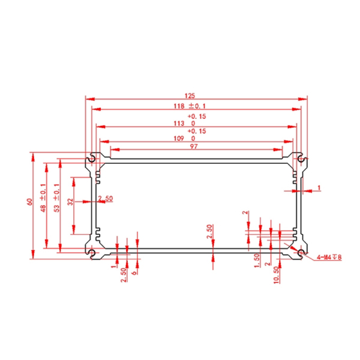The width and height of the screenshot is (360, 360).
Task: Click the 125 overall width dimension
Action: coord(190,95)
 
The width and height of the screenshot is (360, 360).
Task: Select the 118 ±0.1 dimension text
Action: coord(190,106)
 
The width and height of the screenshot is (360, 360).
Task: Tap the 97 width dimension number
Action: coord(194,146)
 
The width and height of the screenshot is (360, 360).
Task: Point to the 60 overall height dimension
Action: coord(30,202)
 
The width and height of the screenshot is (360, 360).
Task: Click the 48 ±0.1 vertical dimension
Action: coord(43,198)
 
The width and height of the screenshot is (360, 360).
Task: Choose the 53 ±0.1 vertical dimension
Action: coord(56,198)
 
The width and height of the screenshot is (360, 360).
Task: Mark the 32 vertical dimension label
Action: coord(70,202)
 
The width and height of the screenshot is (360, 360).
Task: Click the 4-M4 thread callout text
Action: coord(329,257)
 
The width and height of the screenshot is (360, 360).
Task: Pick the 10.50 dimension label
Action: coord(277,275)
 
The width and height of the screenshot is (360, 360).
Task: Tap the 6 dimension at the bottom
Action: coord(134,272)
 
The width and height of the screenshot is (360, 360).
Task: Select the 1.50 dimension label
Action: coord(257,260)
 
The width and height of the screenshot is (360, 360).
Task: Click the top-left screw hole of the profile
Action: coord(92,158)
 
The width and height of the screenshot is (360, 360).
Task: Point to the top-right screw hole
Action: coord(301,158)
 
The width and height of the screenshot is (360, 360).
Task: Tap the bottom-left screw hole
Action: coord(92,253)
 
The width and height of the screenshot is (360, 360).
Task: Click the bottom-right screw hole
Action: coord(301,253)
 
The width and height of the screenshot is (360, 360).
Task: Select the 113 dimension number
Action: coord(179,124)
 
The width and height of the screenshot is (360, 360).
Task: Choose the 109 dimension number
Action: coord(179,139)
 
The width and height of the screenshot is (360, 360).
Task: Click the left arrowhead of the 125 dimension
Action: coord(90,99)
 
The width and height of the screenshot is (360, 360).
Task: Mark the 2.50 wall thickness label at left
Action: coord(106,198)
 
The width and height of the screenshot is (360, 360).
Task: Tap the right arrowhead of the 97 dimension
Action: coord(278,149)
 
